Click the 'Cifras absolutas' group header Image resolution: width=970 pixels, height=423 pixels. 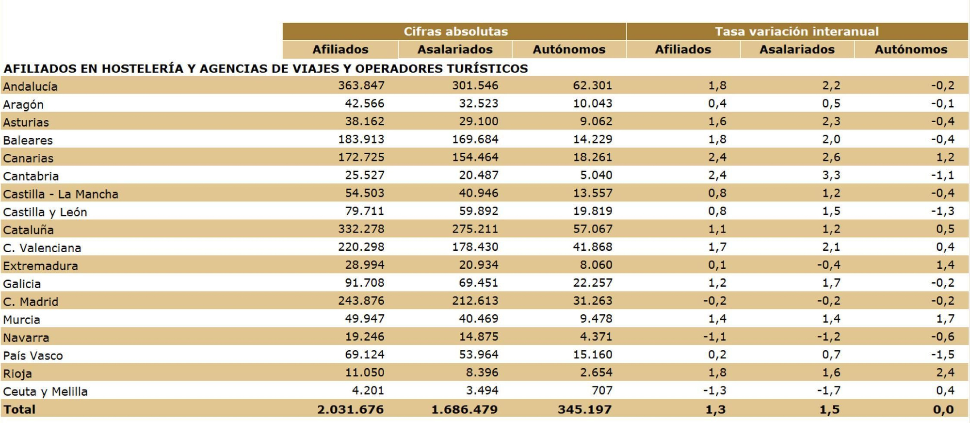455,32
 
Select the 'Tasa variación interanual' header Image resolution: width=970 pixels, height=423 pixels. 796,32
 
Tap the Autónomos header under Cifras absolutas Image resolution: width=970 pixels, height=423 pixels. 568,49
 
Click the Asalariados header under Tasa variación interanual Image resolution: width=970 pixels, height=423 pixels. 796,49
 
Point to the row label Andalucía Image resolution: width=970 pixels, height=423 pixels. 30,86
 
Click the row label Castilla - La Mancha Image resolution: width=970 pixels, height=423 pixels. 61,194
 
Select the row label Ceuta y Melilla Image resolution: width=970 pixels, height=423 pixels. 45,391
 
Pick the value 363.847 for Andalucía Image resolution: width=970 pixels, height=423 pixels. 361,85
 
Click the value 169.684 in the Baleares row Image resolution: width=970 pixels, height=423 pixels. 475,139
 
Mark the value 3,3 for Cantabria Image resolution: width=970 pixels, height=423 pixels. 831,175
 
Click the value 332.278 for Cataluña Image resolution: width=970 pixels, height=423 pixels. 361,229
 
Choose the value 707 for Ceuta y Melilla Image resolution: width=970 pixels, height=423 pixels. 601,390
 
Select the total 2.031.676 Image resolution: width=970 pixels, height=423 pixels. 350,409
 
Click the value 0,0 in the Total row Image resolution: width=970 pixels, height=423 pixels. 943,409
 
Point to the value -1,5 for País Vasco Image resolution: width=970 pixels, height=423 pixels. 942,355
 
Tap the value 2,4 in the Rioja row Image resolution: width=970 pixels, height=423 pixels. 945,373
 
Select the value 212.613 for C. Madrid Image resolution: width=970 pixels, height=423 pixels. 475,301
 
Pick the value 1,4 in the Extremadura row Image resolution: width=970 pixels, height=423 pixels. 945,265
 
